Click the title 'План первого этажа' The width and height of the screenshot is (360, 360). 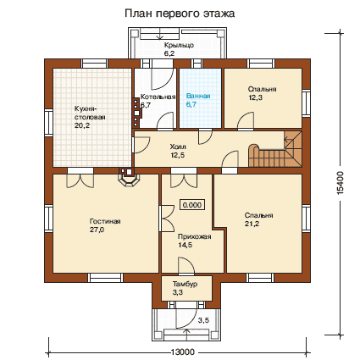180,14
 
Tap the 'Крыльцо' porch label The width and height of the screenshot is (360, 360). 179,45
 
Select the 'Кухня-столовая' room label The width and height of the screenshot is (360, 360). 90,113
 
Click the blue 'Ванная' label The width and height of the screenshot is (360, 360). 198,96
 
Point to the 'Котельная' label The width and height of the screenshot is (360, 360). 158,97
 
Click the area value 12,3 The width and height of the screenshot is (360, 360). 255,97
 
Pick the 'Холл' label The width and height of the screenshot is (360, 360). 178,147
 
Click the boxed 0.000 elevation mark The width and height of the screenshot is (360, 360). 192,205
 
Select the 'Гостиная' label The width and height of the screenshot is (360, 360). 105,221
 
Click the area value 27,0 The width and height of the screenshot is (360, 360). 97,230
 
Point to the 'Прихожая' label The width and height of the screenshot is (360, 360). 195,236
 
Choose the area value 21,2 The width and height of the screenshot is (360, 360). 252,224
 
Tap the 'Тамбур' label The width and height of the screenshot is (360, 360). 185,284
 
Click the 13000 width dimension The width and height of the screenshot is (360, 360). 183,352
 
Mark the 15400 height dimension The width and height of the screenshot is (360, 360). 341,183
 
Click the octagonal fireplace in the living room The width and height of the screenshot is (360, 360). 130,179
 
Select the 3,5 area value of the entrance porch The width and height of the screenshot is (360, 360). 203,320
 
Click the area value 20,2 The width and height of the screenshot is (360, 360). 82,125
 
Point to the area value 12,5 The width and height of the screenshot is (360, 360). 178,155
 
